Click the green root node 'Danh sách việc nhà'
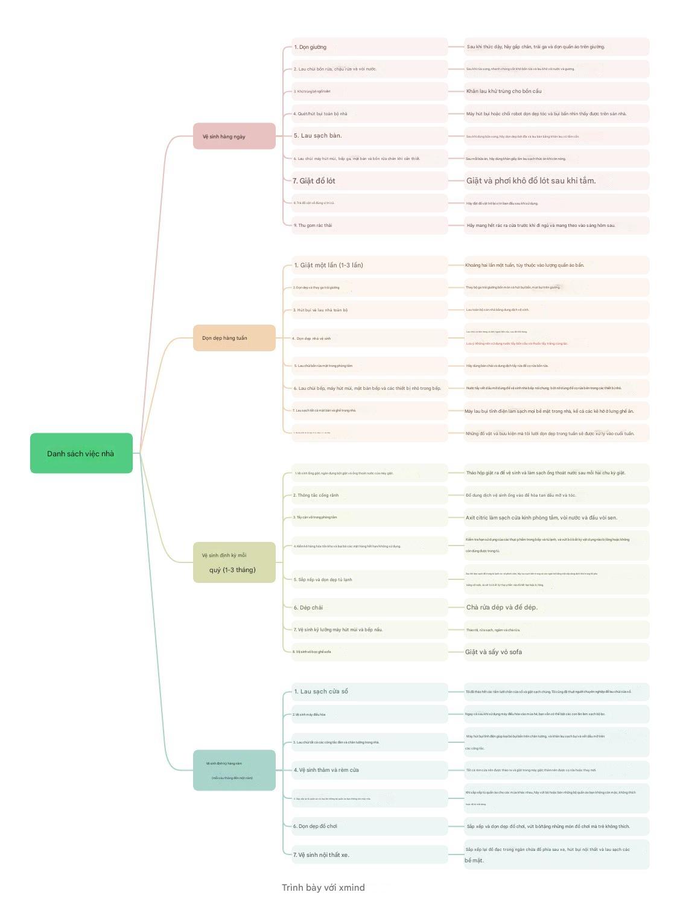(81, 453)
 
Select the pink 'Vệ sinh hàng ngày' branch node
(234, 136)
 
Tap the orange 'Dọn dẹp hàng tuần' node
(234, 338)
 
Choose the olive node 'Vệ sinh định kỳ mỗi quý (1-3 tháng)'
(234, 562)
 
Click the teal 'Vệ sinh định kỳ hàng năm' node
(234, 770)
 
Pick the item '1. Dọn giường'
(310, 47)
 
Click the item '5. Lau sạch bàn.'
(318, 136)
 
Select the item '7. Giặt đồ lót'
(314, 180)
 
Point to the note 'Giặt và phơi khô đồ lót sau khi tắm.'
(531, 180)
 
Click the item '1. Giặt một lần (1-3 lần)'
(328, 265)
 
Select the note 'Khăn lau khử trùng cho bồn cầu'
(504, 91)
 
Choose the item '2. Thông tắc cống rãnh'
(316, 495)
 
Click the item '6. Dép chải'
(308, 608)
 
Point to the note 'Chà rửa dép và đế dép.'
(501, 607)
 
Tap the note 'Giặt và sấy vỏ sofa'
(494, 652)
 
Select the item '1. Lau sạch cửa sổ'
(321, 692)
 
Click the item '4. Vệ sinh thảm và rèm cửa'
(326, 770)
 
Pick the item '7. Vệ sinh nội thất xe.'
(322, 854)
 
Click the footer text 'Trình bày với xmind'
(323, 887)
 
